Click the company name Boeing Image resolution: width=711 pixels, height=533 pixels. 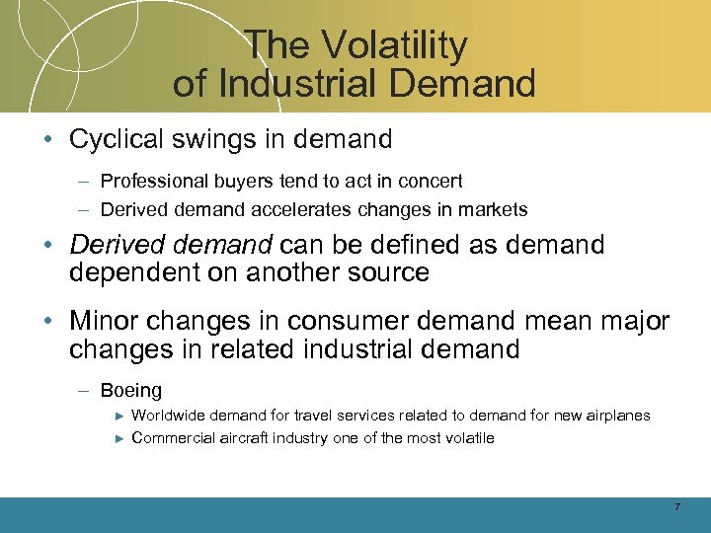131,391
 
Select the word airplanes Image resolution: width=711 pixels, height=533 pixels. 616,416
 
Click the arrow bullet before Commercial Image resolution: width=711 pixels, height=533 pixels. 118,438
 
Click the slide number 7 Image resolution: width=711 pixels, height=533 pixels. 676,507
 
